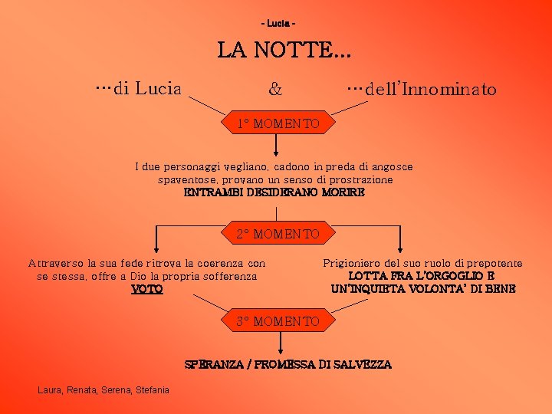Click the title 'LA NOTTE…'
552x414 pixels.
click(x=284, y=51)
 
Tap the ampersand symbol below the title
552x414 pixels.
click(x=274, y=90)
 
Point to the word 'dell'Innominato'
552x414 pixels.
click(x=431, y=90)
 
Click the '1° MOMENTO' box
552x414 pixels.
click(x=277, y=123)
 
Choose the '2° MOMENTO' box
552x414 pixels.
click(x=277, y=233)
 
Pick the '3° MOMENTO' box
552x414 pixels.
click(x=277, y=321)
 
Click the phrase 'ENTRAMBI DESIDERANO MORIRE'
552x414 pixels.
click(x=274, y=192)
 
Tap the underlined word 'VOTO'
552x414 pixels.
click(x=146, y=289)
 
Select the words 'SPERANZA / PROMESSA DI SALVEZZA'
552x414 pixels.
click(x=288, y=364)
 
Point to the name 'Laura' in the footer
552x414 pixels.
click(x=50, y=390)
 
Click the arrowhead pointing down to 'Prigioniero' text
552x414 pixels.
click(x=399, y=249)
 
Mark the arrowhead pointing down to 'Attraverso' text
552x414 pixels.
click(x=156, y=249)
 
